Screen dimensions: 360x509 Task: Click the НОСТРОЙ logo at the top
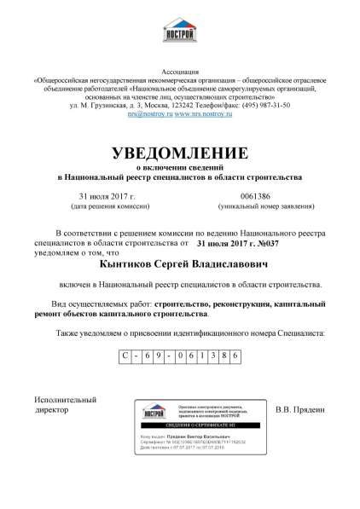pyautogui.click(x=181, y=34)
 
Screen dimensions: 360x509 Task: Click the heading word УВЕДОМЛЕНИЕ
pyautogui.click(x=180, y=153)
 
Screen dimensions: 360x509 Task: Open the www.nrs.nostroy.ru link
pyautogui.click(x=206, y=113)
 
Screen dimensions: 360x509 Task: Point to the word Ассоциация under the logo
pyautogui.click(x=179, y=75)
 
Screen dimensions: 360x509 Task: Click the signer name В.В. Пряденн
pyautogui.click(x=301, y=410)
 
